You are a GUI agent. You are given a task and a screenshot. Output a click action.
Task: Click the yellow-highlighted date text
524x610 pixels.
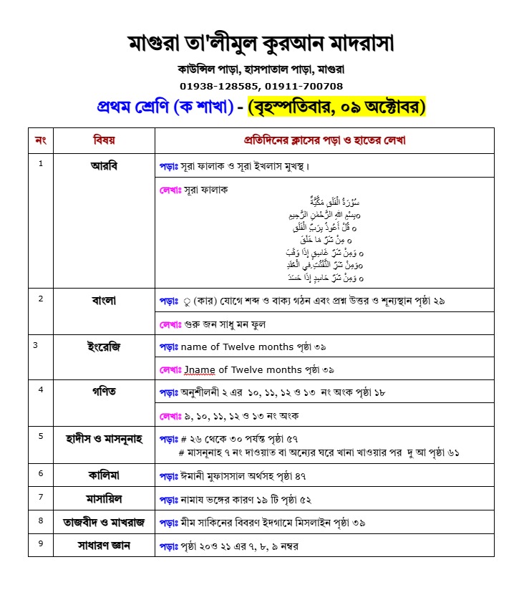tap(336, 107)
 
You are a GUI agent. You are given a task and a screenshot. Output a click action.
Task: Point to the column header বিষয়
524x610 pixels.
tap(104, 140)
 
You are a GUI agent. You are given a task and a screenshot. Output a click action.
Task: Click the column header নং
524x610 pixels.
tap(41, 140)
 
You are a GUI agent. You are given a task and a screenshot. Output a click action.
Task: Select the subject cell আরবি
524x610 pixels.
tap(104, 165)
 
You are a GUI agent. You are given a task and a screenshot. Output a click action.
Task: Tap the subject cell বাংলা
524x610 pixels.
tap(104, 300)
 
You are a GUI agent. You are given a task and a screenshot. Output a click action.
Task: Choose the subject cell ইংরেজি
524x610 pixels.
tap(104, 347)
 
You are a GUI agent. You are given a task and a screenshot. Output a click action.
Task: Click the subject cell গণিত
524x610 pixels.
tap(104, 392)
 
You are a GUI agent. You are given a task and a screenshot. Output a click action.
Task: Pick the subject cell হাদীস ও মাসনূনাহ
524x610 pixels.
tap(104, 438)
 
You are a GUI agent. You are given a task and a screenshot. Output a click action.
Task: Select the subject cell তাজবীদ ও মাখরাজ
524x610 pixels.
tap(104, 522)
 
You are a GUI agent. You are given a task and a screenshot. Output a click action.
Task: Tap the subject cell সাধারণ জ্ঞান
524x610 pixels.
tap(104, 546)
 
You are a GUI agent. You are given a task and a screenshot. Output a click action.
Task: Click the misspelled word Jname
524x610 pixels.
tap(200, 369)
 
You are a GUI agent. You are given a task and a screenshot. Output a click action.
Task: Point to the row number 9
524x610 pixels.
tap(41, 543)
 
